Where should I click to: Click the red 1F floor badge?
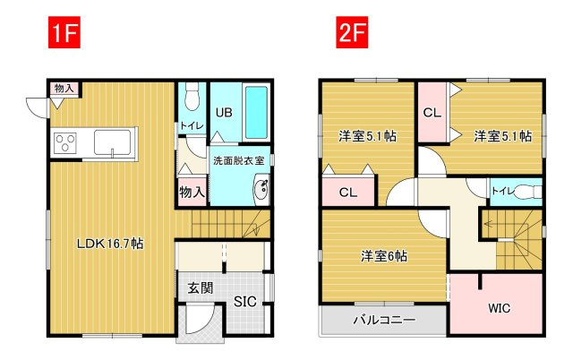coord(64,32)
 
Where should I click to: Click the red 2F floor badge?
coord(352,32)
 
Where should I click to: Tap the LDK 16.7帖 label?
coord(110,244)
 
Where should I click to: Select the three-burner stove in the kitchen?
coord(65,143)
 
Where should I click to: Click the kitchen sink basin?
coord(112,142)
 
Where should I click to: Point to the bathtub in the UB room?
coord(256,112)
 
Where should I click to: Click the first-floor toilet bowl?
coord(191,97)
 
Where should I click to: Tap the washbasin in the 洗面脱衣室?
coord(261,189)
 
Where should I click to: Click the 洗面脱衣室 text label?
coord(239,160)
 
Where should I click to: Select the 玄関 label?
coord(200,288)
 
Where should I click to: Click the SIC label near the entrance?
coord(244,302)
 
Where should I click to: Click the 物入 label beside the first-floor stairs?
coord(192,192)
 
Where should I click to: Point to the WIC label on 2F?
coord(500,308)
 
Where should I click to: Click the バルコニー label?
coord(384,321)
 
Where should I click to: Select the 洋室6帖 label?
coord(384,256)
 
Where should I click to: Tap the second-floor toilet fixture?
coord(529,192)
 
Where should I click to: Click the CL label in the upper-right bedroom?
coord(432,113)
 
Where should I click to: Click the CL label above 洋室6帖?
coord(348,193)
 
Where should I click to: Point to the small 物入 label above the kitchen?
coord(64,88)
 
